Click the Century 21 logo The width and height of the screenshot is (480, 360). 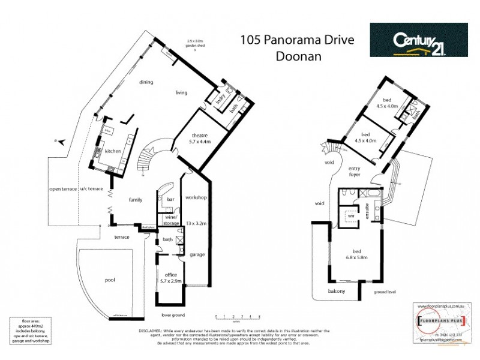click(418, 40)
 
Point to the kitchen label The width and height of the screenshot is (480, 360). click(113, 151)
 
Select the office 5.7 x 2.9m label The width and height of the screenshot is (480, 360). click(170, 277)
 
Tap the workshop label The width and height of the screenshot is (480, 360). click(196, 197)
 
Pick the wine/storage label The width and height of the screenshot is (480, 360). click(171, 220)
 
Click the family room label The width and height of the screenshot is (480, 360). click(134, 199)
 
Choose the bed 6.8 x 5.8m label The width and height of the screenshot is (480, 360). click(355, 255)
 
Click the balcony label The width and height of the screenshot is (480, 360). click(336, 291)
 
